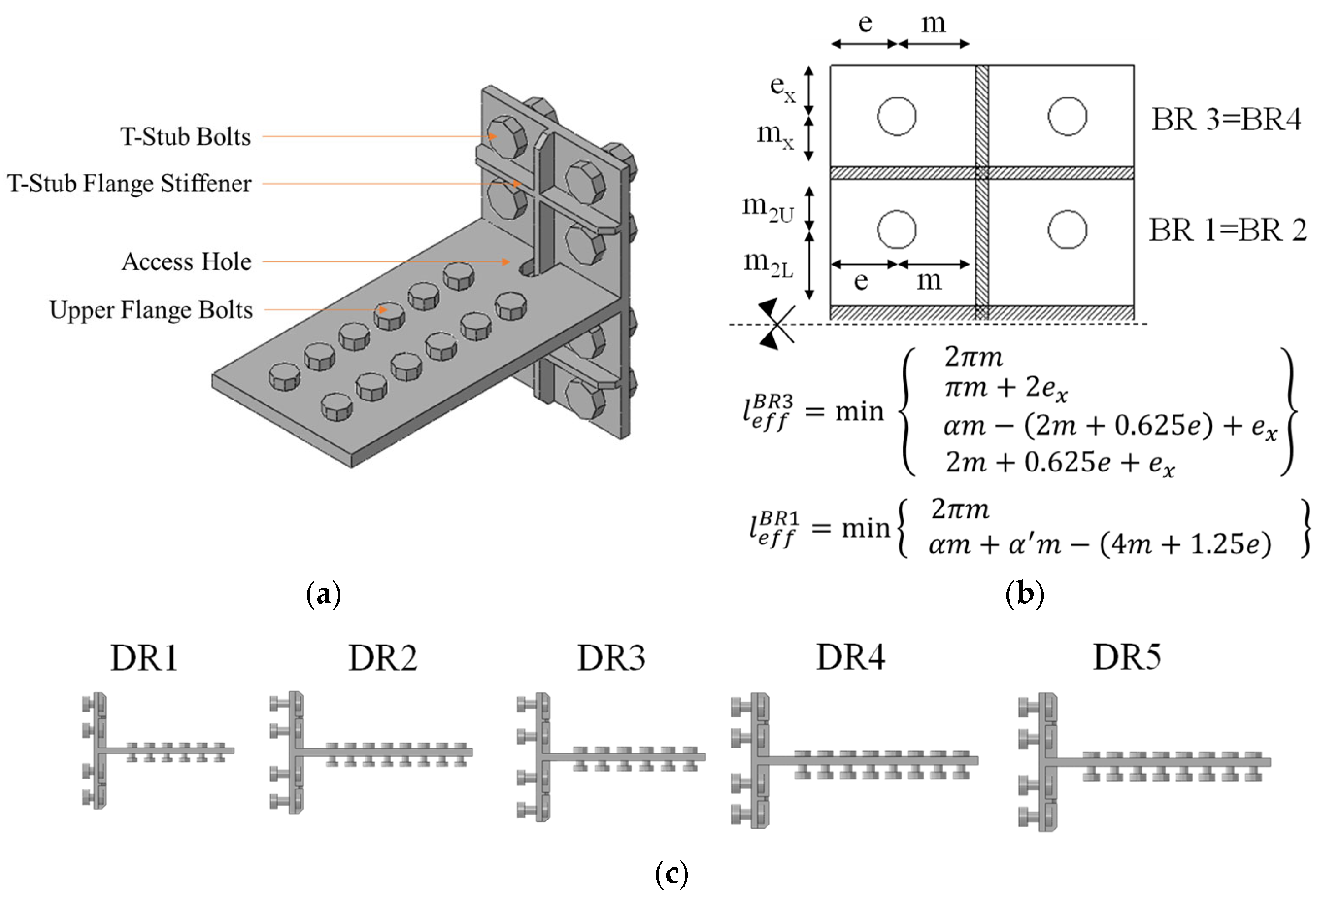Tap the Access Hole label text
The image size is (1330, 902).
coord(187,262)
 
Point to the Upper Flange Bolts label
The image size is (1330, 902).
coord(151,310)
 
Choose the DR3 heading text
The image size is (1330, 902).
coord(611,658)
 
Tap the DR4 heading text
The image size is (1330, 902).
coord(851,658)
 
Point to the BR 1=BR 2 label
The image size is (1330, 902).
coord(1228,230)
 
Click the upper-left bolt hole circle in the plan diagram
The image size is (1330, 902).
coord(897,116)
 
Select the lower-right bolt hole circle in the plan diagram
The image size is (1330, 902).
coord(1067,230)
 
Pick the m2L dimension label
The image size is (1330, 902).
coord(768,263)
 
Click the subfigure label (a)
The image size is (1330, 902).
coord(324,595)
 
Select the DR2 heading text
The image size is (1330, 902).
coord(383,658)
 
